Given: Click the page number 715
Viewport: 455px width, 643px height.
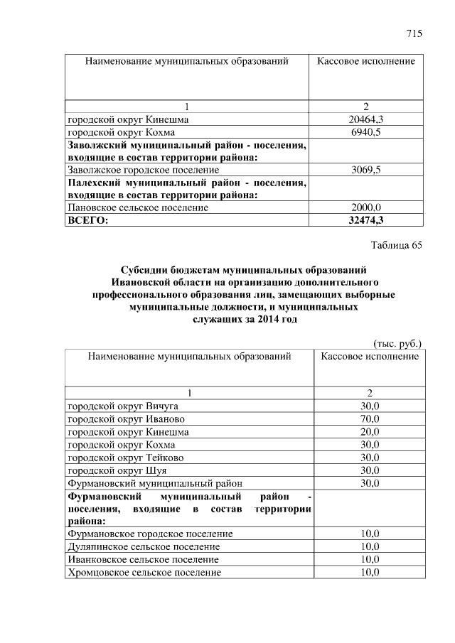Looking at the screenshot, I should pos(414,33).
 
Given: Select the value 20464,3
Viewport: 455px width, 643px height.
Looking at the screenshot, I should pos(367,119).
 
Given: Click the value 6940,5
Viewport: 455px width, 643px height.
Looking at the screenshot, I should pos(367,132).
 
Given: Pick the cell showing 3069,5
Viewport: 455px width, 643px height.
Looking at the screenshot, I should pos(367,171).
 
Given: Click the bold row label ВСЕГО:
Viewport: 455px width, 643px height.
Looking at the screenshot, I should pos(87,221).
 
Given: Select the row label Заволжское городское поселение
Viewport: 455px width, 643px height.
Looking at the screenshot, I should pos(143,171).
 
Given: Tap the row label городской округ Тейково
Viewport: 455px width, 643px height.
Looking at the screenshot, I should pos(125,458).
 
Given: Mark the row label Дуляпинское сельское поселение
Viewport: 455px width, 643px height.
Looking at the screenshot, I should pos(143,546).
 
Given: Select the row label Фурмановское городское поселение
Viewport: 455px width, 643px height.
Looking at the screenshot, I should pos(149,534).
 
